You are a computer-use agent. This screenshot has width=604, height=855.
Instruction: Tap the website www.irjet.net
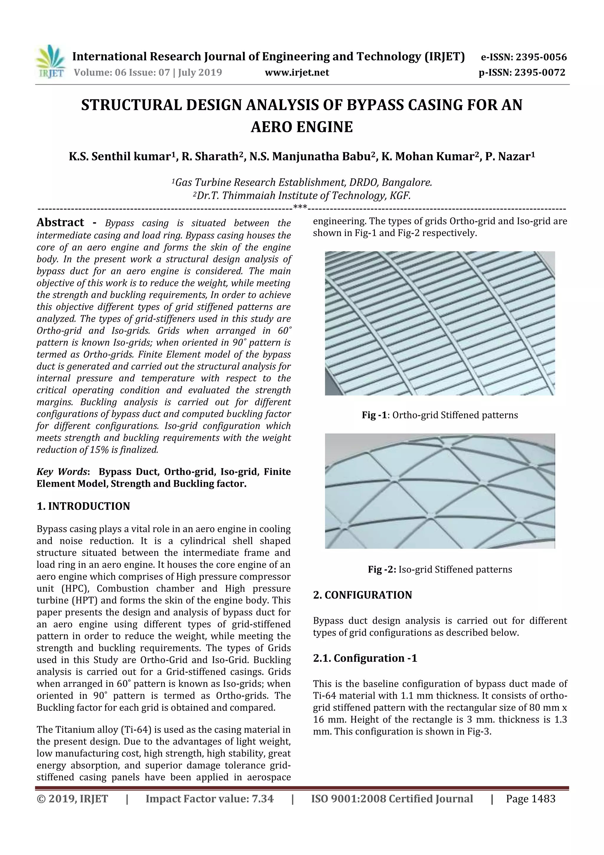click(x=297, y=73)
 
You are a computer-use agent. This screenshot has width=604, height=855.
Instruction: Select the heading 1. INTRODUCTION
click(x=83, y=506)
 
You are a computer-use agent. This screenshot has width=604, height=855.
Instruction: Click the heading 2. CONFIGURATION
click(x=362, y=595)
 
